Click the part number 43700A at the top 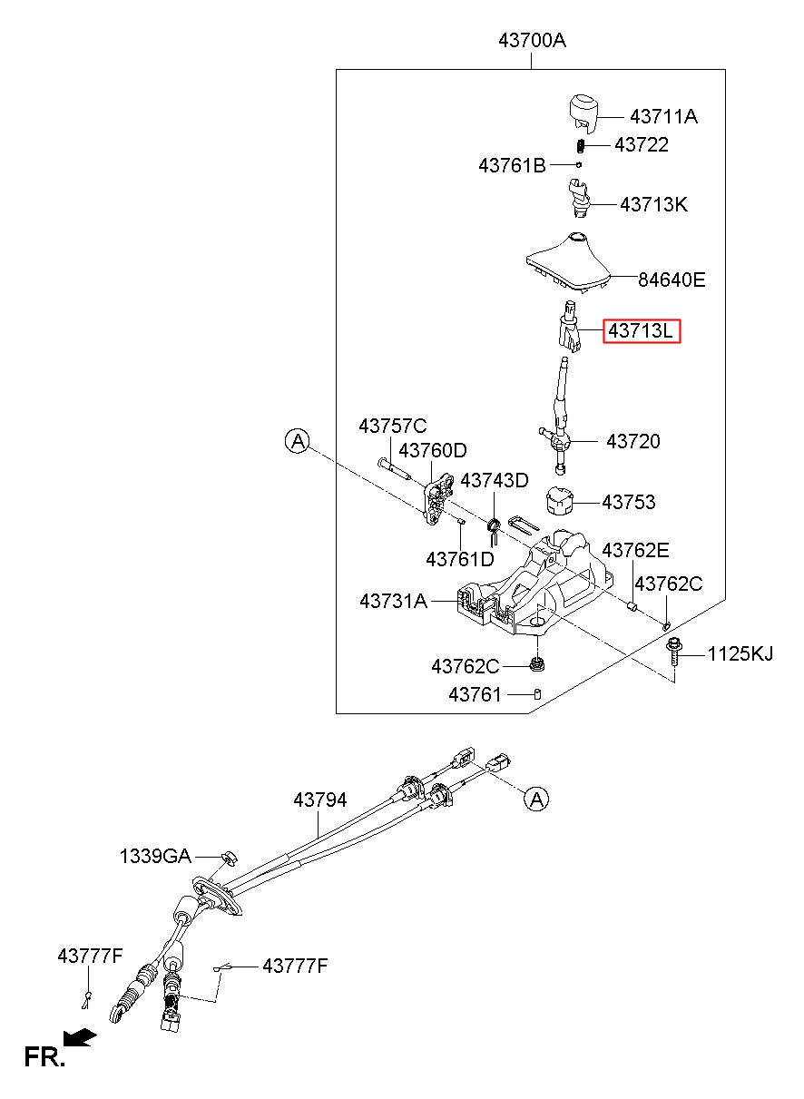pyautogui.click(x=533, y=40)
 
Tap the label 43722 pyautogui.click(x=642, y=144)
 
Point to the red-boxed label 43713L pyautogui.click(x=642, y=331)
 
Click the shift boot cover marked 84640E pyautogui.click(x=569, y=262)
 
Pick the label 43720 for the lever pyautogui.click(x=632, y=441)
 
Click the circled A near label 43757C pyautogui.click(x=298, y=441)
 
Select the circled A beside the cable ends pyautogui.click(x=536, y=800)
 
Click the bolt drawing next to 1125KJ pyautogui.click(x=673, y=652)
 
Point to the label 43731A pyautogui.click(x=394, y=601)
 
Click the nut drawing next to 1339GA pyautogui.click(x=229, y=857)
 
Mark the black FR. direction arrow pyautogui.click(x=80, y=1036)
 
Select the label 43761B pyautogui.click(x=512, y=166)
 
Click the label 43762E pyautogui.click(x=635, y=550)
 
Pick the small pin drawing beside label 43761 pyautogui.click(x=537, y=693)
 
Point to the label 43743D pyautogui.click(x=495, y=480)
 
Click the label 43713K pyautogui.click(x=654, y=204)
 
